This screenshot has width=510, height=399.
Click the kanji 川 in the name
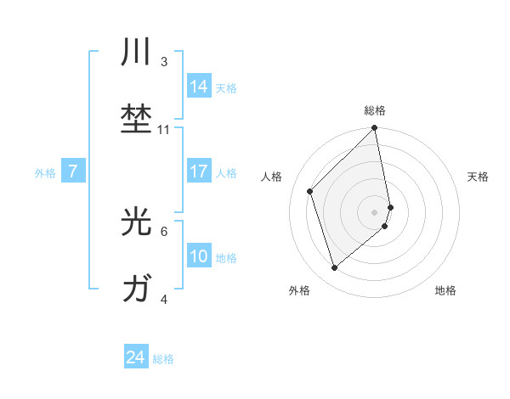(137, 53)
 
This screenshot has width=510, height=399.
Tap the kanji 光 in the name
(137, 222)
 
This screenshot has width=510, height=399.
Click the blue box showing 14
(199, 86)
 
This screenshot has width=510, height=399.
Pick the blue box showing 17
(199, 171)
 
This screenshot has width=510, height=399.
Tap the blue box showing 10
(199, 256)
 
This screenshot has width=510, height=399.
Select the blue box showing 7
(73, 171)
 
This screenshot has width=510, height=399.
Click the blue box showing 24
(136, 358)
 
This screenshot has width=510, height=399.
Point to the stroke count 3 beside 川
(164, 62)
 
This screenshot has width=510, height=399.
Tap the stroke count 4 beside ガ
(164, 299)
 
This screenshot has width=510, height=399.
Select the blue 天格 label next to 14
(226, 88)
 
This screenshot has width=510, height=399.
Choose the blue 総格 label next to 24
(163, 360)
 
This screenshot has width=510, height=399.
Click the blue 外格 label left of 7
(44, 173)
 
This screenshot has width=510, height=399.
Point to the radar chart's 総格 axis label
(375, 110)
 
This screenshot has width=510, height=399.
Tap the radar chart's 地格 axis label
(445, 290)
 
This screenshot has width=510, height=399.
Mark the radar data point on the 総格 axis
(375, 129)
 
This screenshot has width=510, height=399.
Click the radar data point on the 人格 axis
(310, 191)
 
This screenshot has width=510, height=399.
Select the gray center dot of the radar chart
(375, 211)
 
